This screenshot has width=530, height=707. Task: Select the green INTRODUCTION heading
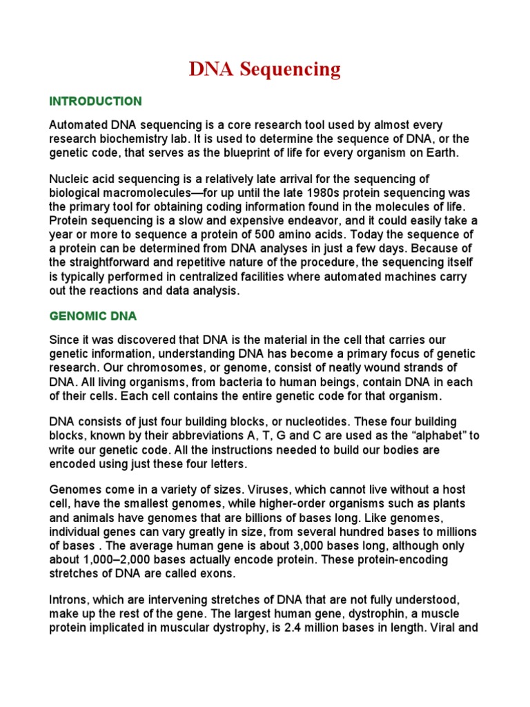pos(95,101)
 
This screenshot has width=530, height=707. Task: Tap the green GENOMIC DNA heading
pos(93,316)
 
